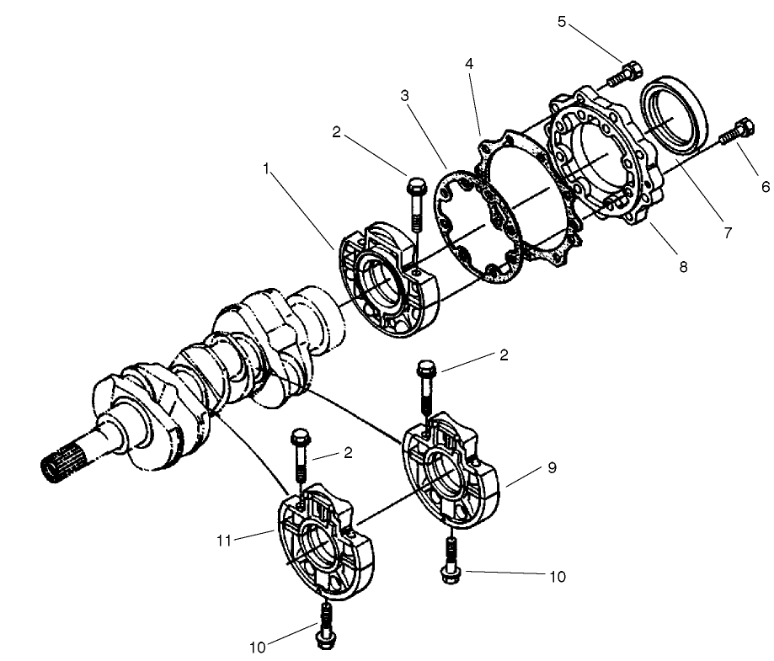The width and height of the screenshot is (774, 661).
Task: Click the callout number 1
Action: (x=268, y=168)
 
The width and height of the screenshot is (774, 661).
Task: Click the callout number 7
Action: (x=726, y=233)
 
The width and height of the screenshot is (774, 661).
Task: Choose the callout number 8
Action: (x=683, y=267)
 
